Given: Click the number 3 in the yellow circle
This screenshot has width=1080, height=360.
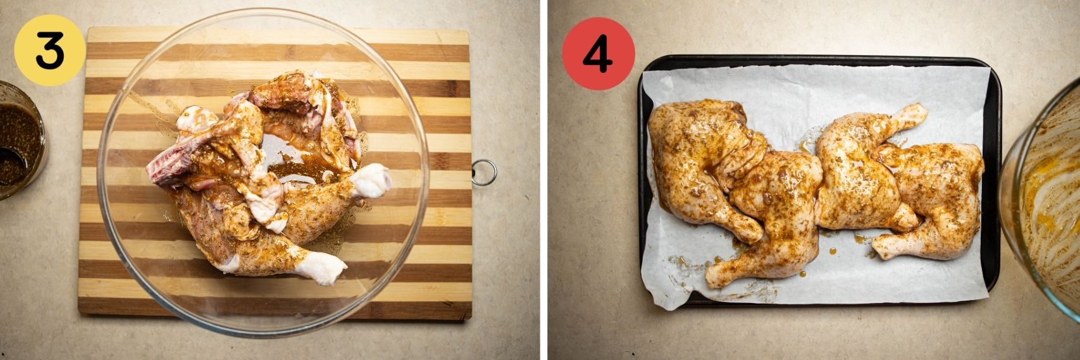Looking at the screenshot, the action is [x=49, y=51].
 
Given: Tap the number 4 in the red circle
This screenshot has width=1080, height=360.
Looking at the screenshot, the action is [x=598, y=54].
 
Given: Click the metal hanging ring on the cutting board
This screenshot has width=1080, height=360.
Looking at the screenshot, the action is [x=484, y=173].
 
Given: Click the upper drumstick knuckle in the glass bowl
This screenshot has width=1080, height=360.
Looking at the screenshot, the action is [x=371, y=181].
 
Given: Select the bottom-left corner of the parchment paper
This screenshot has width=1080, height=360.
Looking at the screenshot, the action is [x=652, y=307].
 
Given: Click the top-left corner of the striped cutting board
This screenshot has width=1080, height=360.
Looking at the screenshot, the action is [x=90, y=29].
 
